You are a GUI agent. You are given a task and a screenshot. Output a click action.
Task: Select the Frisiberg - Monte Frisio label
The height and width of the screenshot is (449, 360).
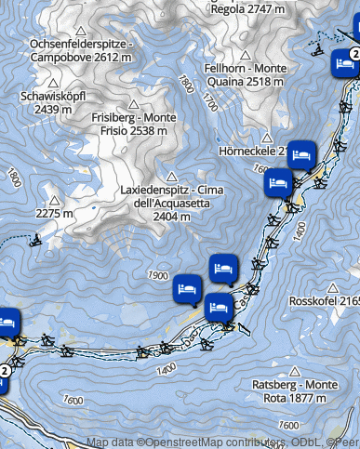[x=129, y=124]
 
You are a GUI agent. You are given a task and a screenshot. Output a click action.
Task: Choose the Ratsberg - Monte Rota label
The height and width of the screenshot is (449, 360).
[x=294, y=390]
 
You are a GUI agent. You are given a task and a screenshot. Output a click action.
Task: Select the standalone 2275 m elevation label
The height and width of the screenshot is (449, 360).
[x=53, y=214]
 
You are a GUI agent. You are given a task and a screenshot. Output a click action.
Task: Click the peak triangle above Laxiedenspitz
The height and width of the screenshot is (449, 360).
[x=170, y=176]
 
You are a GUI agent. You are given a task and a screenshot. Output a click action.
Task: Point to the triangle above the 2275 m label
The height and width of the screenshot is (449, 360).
[x=54, y=199]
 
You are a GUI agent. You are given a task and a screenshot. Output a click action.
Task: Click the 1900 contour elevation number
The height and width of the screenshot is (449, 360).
[x=156, y=276]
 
